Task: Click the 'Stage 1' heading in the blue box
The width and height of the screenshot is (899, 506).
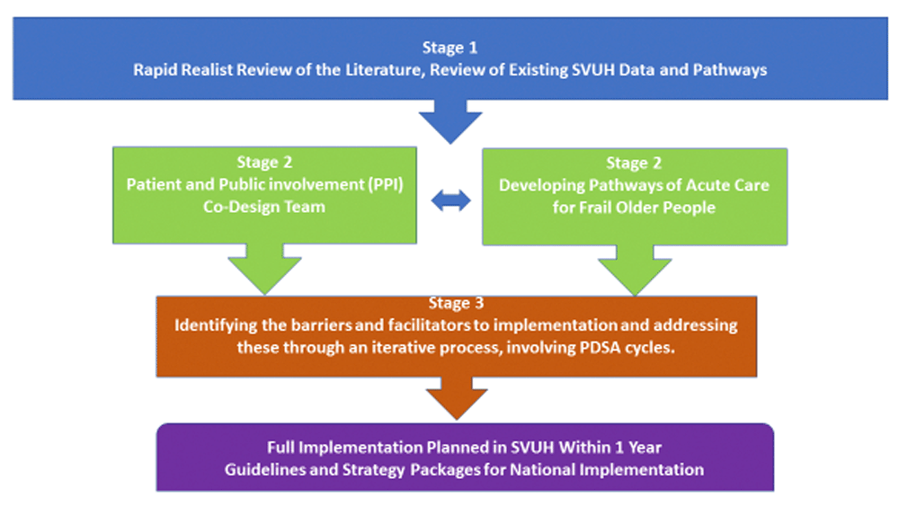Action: [x=449, y=48]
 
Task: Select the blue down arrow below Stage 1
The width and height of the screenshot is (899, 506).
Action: [x=450, y=121]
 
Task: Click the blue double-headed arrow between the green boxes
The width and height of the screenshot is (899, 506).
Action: [x=450, y=200]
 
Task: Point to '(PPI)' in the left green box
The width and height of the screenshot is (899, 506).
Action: [x=386, y=184]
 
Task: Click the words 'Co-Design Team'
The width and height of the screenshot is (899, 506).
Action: [x=264, y=207]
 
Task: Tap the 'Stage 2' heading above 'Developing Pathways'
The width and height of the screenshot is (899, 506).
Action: [x=634, y=164]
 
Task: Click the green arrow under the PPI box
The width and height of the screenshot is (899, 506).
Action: [x=264, y=269]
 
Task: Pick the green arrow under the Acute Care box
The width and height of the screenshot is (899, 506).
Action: [x=635, y=270]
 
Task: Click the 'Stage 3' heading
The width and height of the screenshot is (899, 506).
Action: [x=457, y=303]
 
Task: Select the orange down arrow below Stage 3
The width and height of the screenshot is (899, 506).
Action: [x=457, y=397]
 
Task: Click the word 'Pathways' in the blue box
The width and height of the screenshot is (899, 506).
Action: [x=730, y=70]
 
